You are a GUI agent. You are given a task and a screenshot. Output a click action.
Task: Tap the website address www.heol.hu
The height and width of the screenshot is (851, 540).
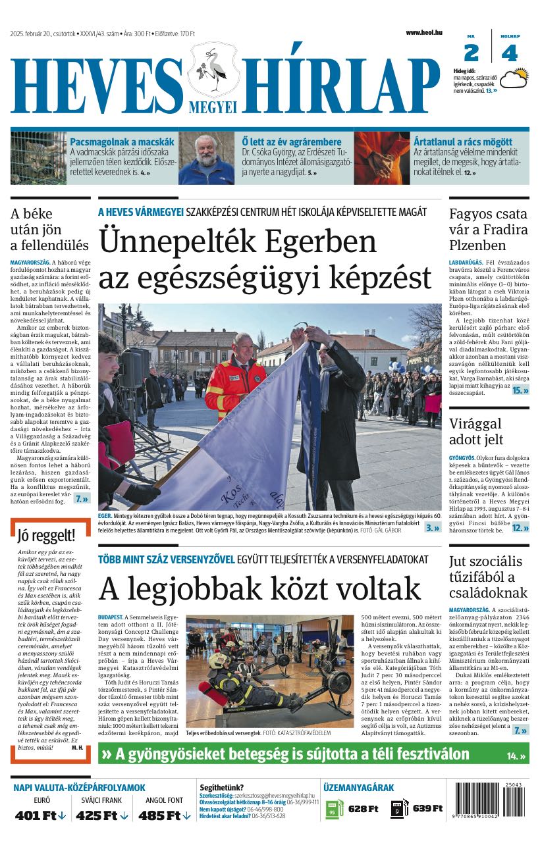point(423,32)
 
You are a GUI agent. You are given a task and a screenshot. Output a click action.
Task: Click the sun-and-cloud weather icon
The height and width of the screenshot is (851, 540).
point(514,79)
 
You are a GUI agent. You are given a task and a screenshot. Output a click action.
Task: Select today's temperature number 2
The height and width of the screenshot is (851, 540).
point(472,53)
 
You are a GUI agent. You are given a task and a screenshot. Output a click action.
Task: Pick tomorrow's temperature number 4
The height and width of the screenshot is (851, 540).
point(509,53)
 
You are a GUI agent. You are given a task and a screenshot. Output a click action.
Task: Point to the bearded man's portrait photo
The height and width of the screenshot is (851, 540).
point(207,158)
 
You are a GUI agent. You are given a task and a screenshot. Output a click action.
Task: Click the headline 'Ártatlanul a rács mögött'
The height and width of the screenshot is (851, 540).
point(462,142)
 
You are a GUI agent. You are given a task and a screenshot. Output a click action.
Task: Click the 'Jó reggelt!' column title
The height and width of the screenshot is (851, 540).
point(47,535)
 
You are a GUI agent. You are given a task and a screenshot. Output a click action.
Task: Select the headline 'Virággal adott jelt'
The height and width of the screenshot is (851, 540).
point(475,432)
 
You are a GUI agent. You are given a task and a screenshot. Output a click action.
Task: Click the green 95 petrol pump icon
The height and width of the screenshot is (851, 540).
point(335,809)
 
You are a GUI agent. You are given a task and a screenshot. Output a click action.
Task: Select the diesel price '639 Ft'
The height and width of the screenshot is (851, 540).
point(427,809)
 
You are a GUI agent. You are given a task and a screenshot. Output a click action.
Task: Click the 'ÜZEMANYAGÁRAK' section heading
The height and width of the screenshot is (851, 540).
point(358,787)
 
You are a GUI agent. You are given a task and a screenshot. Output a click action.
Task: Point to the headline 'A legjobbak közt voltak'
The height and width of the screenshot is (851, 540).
point(259,588)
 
